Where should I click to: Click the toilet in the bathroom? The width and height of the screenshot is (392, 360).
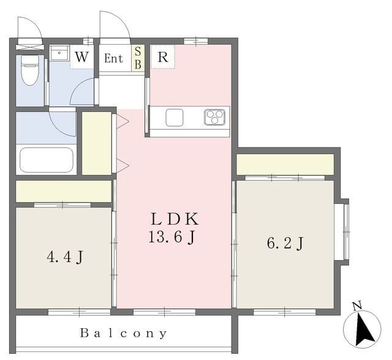point(30,70)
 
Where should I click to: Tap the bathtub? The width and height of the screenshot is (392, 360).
point(47,160)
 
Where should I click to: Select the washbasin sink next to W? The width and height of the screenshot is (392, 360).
point(59,53)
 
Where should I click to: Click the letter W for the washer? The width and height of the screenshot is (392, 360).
point(81,57)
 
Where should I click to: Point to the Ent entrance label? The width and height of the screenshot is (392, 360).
point(113,58)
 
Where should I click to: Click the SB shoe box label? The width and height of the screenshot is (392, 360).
point(138,58)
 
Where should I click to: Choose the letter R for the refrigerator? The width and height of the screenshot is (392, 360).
point(163,57)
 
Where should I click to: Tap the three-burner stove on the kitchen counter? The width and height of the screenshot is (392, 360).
point(214,117)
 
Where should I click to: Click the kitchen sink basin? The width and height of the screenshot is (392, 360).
point(175,118)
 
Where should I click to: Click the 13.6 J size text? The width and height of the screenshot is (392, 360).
point(171,236)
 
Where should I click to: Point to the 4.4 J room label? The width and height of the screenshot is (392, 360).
point(65,257)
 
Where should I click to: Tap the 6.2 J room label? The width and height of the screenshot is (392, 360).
point(285,243)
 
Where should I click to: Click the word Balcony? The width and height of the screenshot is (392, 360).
point(124,333)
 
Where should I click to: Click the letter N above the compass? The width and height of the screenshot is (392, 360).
point(357,306)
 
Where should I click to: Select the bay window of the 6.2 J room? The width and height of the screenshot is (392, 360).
point(342,232)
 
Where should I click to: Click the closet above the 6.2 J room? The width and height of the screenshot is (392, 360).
point(285,164)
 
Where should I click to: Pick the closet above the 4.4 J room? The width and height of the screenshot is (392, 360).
point(64,191)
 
